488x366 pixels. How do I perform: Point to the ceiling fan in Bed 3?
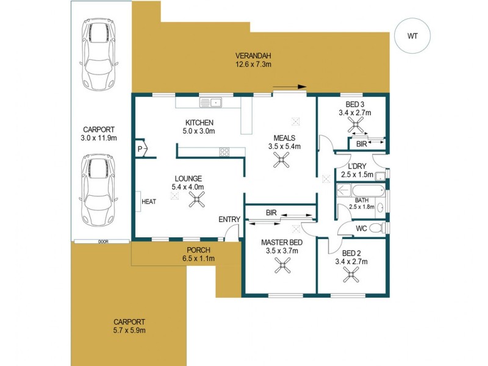pyautogui.click(x=355, y=126)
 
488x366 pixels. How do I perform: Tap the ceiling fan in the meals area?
pyautogui.click(x=281, y=160)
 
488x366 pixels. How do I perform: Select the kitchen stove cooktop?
pyautogui.click(x=224, y=152)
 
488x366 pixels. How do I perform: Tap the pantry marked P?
pyautogui.click(x=140, y=148)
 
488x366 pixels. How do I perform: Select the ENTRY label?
pyautogui.click(x=229, y=220)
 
